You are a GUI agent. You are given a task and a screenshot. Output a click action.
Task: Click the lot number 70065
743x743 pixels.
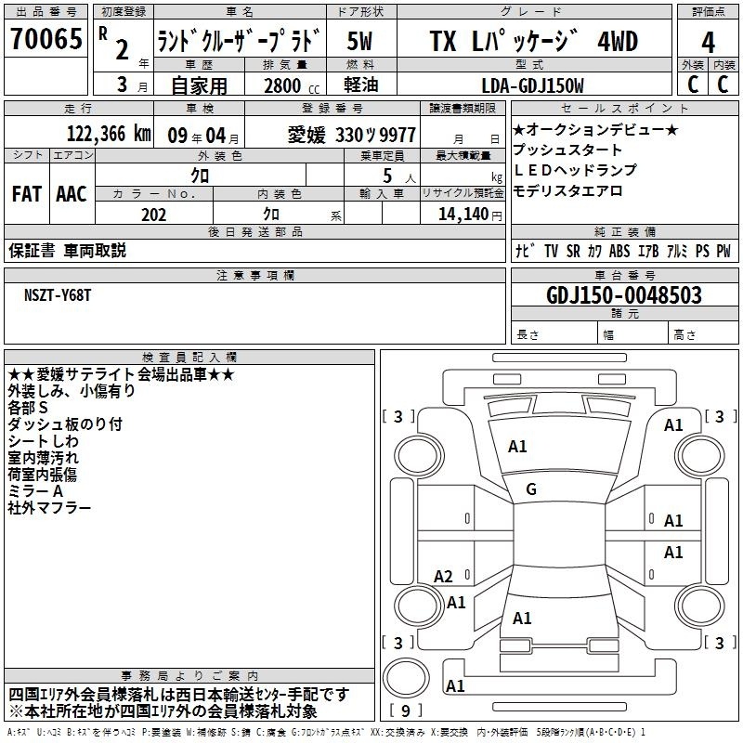tap(46, 39)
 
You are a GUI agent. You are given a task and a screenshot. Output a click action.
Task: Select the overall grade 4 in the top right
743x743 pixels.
tap(708, 43)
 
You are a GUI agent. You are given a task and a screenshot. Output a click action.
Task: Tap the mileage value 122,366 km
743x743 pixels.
tap(109, 134)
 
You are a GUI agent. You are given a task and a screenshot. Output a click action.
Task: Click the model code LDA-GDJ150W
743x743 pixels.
tap(532, 85)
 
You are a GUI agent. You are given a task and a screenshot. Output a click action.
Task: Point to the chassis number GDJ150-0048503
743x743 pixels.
tap(624, 295)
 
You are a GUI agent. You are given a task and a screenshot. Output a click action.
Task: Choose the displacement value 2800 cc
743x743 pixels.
tap(292, 85)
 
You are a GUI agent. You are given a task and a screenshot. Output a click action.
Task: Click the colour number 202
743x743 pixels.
tap(153, 215)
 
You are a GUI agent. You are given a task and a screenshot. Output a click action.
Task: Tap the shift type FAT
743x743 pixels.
tap(27, 194)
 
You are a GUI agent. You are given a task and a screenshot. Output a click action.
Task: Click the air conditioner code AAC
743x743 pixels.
tap(72, 194)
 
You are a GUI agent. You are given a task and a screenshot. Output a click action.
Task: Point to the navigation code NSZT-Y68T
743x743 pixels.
tap(58, 295)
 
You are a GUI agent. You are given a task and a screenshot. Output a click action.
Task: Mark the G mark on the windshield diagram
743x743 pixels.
tap(531, 489)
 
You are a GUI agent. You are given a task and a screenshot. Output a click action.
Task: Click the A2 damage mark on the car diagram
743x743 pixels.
tap(443, 577)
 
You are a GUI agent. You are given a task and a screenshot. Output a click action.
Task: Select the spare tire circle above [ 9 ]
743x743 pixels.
tap(406, 678)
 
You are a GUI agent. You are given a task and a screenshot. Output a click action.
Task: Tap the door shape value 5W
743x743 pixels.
tap(360, 41)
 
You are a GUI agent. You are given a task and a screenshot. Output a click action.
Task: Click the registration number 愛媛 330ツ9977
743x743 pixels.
tap(352, 135)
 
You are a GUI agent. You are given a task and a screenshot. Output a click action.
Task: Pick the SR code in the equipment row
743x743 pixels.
tap(573, 251)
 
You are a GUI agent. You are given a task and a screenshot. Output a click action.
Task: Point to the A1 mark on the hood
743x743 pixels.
tap(517, 447)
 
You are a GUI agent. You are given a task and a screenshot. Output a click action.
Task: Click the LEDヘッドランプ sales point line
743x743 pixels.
tap(575, 170)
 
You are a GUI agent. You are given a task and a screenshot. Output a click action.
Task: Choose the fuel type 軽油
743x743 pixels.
tap(361, 85)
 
